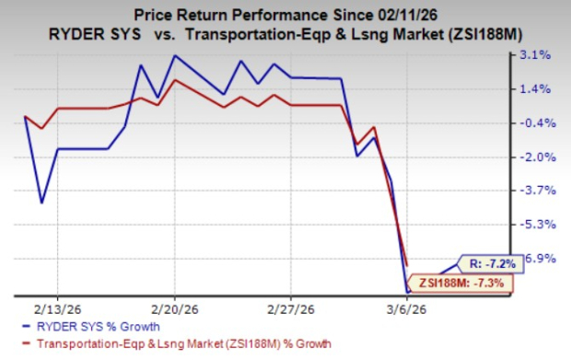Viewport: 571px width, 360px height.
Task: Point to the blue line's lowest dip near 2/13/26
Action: pos(41,203)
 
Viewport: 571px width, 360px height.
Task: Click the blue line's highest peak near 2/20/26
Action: pos(174,56)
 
